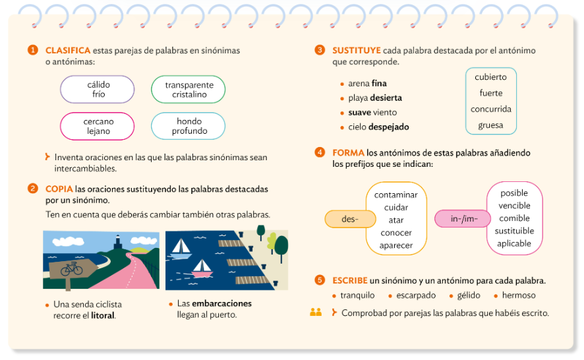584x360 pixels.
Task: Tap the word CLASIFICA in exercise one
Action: (x=67, y=50)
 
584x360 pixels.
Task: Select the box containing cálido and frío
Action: (x=98, y=90)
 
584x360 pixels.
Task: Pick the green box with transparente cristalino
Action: (x=189, y=90)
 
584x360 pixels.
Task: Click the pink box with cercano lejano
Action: (x=98, y=126)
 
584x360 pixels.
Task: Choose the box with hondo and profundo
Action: (x=189, y=126)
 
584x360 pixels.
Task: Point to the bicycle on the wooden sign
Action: (x=71, y=269)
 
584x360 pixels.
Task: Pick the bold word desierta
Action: (x=386, y=98)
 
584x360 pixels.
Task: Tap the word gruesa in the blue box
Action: (x=490, y=125)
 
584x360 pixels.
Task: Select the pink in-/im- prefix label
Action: (x=462, y=218)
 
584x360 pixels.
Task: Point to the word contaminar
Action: (x=396, y=195)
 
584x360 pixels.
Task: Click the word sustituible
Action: (x=514, y=231)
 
